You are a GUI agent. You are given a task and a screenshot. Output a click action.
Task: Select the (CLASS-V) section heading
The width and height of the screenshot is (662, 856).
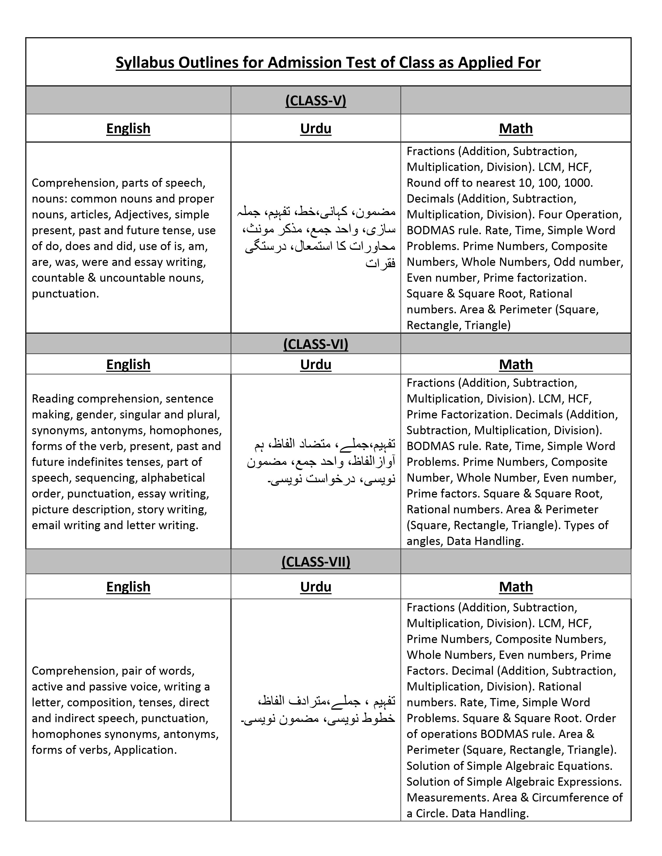[x=316, y=101]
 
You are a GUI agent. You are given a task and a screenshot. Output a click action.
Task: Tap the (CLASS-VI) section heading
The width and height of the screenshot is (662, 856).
[x=316, y=344]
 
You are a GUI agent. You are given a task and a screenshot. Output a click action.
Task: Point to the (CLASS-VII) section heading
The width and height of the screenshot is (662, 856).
[x=316, y=562]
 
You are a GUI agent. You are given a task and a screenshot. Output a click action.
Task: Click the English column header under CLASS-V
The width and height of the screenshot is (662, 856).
[x=128, y=129]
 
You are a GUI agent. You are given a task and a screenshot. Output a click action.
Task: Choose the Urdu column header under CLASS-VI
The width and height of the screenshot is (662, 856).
[x=316, y=364]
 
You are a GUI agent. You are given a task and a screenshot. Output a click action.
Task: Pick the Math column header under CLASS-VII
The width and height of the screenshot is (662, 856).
[x=516, y=587]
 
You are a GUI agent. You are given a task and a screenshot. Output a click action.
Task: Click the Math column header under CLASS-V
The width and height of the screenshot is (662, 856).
[x=516, y=129]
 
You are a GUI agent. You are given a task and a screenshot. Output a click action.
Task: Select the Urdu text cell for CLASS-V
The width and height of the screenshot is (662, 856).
[x=318, y=238]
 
